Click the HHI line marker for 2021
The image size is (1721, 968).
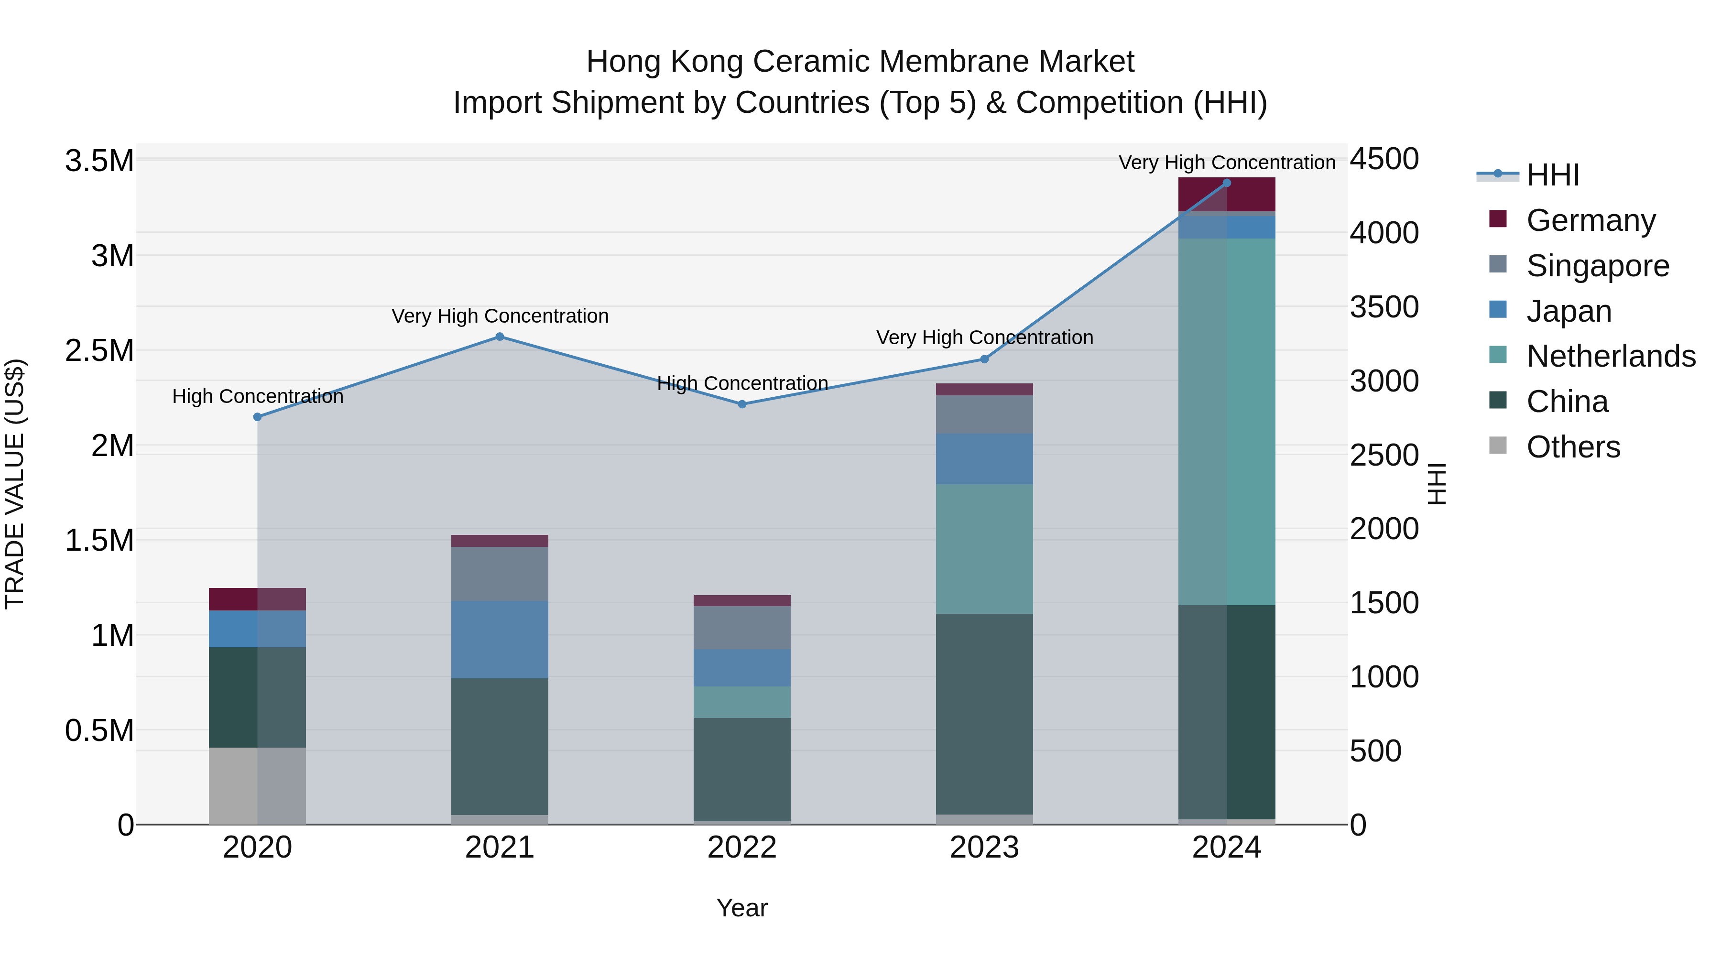tap(500, 337)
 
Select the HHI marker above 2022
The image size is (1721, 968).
tap(741, 404)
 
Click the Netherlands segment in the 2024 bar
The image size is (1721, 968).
tap(1227, 421)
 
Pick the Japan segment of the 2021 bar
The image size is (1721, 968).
tap(500, 639)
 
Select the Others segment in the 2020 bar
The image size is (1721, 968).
tap(257, 785)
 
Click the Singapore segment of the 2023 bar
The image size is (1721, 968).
tap(984, 414)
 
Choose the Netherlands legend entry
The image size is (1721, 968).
tap(1610, 356)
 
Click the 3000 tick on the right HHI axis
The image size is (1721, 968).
tap(1383, 381)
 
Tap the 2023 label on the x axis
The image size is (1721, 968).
tap(984, 848)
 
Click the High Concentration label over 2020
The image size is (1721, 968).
tap(257, 396)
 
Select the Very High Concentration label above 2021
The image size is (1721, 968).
tap(500, 316)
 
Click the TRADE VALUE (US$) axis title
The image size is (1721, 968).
tap(15, 484)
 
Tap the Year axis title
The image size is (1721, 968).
tap(741, 908)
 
